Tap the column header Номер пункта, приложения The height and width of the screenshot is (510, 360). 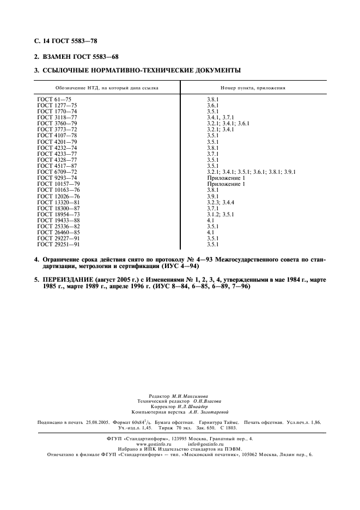tap(253, 88)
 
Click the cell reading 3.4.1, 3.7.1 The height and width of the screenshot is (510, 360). tap(220, 117)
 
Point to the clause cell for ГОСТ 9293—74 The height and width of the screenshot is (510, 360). tap(226, 178)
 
